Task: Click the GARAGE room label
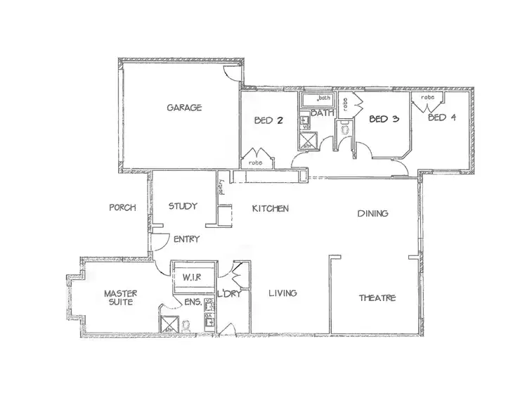[184, 108]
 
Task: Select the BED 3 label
[384, 119]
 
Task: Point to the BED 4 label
[442, 117]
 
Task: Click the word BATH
[322, 113]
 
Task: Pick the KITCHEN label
[271, 209]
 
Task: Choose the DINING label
[373, 213]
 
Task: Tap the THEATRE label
[377, 298]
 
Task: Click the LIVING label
[282, 293]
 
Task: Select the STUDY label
[183, 207]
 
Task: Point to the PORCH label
[122, 207]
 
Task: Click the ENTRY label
[186, 239]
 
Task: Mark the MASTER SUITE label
[119, 298]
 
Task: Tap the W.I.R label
[192, 276]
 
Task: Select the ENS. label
[195, 302]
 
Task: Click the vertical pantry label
[221, 187]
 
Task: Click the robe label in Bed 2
[254, 162]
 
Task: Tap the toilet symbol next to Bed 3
[344, 129]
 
